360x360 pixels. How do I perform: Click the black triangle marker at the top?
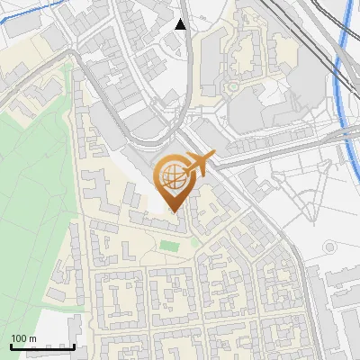coord(181,24)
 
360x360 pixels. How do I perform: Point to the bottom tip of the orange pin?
coord(174,212)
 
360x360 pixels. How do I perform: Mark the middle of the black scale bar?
coord(42,346)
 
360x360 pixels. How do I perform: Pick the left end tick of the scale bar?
coord(11,345)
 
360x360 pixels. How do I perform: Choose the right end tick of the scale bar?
coord(74,345)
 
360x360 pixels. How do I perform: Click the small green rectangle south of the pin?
coord(168,245)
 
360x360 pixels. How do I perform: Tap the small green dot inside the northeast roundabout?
coord(232,87)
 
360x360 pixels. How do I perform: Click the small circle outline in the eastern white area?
coord(329,247)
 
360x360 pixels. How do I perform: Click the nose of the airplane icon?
coord(212,157)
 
